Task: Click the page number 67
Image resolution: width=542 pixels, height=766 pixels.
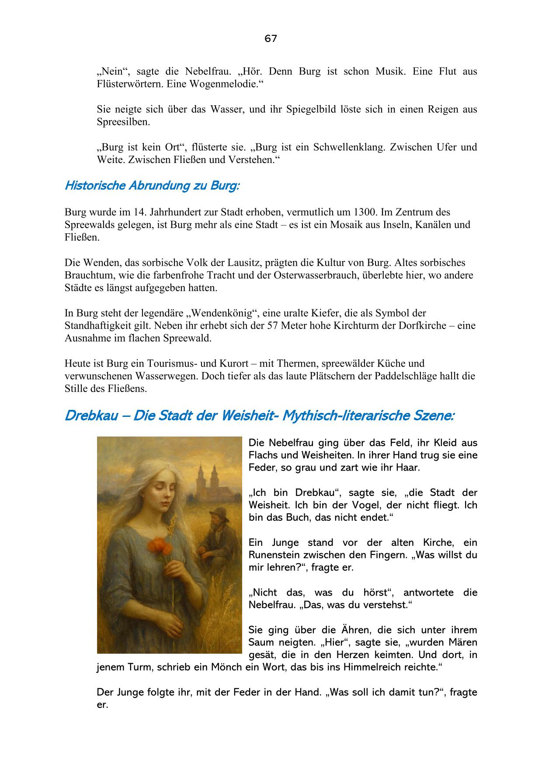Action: pyautogui.click(x=271, y=39)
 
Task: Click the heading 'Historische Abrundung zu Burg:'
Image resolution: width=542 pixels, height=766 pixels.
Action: pyautogui.click(x=152, y=186)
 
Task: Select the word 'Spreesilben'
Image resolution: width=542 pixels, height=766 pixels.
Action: pyautogui.click(x=123, y=122)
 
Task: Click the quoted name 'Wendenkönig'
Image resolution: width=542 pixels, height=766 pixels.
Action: pyautogui.click(x=224, y=313)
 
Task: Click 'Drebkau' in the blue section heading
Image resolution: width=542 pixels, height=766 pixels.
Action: pyautogui.click(x=91, y=416)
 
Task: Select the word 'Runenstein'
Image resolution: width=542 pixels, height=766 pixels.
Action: pyautogui.click(x=275, y=555)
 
